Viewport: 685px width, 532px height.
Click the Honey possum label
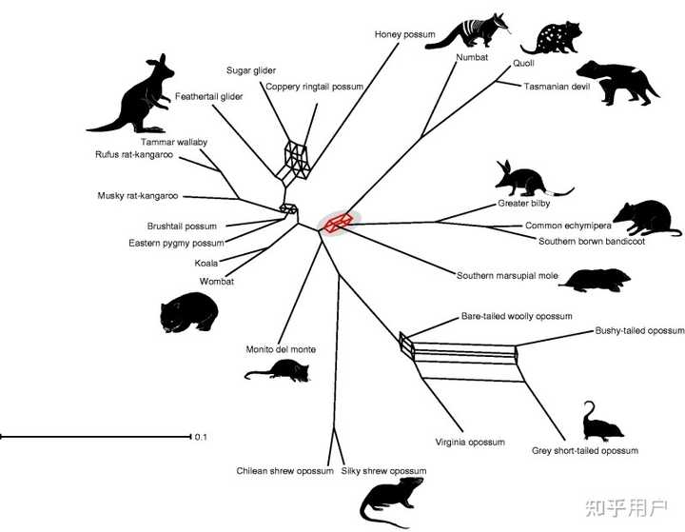(x=404, y=34)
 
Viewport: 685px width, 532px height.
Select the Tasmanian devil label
(x=556, y=87)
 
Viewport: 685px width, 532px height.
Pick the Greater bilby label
(x=524, y=204)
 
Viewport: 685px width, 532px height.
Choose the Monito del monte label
(x=280, y=349)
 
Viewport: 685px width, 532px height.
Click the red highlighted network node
(x=338, y=223)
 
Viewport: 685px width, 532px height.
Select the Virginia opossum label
(x=470, y=443)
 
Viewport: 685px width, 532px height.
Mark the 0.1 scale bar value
(x=201, y=438)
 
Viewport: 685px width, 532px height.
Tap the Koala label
(x=206, y=263)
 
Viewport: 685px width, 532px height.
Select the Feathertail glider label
(x=209, y=97)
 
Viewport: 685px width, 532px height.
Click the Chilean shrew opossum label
(x=284, y=471)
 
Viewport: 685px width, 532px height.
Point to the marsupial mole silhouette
(x=597, y=279)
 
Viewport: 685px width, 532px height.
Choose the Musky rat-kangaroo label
(x=138, y=196)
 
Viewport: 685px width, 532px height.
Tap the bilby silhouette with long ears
(x=529, y=178)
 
